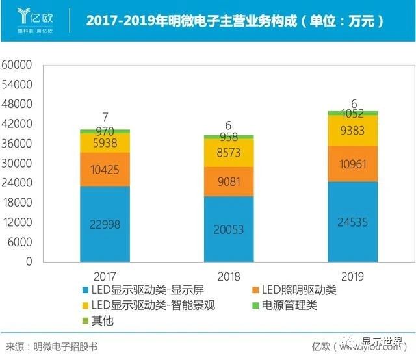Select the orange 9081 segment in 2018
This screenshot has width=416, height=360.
(x=229, y=181)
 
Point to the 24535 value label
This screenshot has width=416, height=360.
(x=352, y=221)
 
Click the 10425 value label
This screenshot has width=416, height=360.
(x=105, y=170)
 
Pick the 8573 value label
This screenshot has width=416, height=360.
(x=229, y=153)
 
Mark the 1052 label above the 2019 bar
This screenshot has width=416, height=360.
(x=352, y=113)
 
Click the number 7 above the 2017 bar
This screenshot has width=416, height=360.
(x=105, y=118)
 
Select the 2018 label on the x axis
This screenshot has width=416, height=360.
(x=229, y=276)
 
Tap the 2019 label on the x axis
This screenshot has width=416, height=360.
(x=352, y=276)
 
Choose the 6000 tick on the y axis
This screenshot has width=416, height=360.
(x=19, y=242)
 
